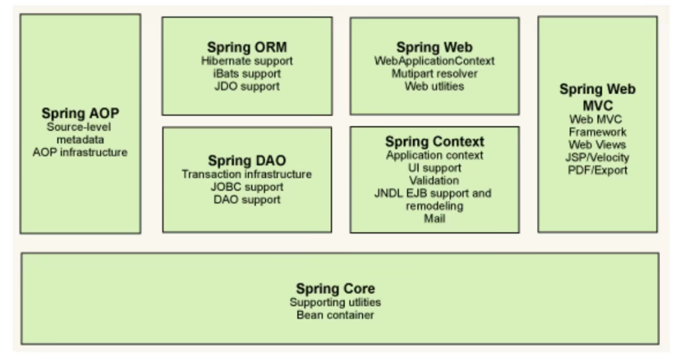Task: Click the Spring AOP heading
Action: tap(80, 113)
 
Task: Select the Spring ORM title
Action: tap(247, 47)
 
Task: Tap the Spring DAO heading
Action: tap(247, 160)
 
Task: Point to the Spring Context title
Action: tap(434, 141)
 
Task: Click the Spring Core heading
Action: tap(335, 288)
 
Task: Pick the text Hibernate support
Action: tap(247, 60)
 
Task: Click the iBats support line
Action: tap(247, 73)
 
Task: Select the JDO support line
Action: tap(247, 87)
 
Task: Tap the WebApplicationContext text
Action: tap(434, 60)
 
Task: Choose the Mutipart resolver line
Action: tap(434, 73)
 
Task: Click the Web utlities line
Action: tap(434, 87)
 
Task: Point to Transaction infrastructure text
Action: tap(247, 174)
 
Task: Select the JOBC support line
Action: tap(247, 187)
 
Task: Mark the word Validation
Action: tap(434, 180)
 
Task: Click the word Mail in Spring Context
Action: tap(434, 219)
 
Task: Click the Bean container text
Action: tap(335, 315)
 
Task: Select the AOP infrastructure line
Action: tap(80, 152)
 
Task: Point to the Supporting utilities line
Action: tap(335, 302)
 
